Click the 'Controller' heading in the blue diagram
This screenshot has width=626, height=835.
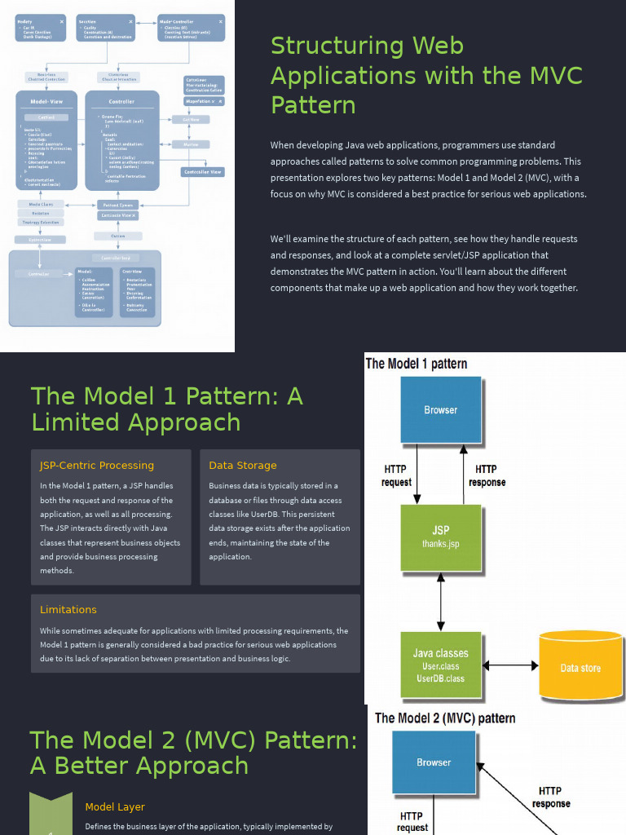122,102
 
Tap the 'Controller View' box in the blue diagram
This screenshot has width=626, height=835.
202,172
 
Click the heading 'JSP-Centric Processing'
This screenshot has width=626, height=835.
96,466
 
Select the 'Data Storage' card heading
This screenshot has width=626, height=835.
242,466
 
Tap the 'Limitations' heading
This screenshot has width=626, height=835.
68,610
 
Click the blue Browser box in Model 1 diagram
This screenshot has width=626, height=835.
440,409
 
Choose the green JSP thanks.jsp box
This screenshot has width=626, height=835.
440,537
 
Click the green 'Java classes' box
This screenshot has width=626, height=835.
440,665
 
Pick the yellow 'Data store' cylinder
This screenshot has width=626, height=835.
580,666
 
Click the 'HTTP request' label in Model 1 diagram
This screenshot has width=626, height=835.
396,475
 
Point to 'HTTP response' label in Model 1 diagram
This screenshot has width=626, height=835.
487,475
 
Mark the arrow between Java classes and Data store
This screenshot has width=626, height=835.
510,665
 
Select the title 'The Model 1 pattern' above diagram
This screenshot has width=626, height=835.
417,364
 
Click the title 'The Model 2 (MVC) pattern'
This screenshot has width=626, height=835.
445,718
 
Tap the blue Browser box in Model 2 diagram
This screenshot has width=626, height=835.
434,762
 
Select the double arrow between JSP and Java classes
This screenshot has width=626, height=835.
440,602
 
